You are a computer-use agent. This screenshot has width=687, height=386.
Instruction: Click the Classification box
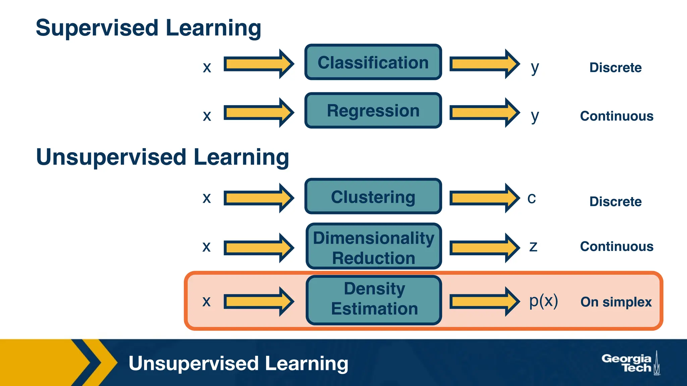(373, 62)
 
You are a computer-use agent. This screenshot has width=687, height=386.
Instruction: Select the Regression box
(373, 111)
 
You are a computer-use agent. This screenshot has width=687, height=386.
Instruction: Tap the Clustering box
(373, 196)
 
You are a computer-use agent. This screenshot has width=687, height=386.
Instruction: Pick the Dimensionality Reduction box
(374, 247)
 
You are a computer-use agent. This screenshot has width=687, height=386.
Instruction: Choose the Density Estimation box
(374, 300)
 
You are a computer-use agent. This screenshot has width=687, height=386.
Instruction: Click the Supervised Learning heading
(148, 28)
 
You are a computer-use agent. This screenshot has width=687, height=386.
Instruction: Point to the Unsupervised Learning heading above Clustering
(162, 157)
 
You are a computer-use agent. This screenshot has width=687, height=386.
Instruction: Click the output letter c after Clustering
(532, 198)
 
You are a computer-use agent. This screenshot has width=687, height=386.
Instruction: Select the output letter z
(533, 247)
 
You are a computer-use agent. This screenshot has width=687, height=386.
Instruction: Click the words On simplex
(616, 302)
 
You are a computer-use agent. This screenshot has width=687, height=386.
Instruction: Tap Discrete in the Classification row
(616, 67)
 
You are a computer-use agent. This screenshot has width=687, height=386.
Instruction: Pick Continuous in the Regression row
(617, 116)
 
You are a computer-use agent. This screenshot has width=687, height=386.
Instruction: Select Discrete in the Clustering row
(616, 201)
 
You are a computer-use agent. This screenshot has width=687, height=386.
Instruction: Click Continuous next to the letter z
(617, 246)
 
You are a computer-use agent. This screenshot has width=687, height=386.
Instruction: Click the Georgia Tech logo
(630, 364)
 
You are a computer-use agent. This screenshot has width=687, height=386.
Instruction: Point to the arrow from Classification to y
(484, 64)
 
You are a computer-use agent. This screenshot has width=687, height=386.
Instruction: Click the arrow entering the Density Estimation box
(258, 302)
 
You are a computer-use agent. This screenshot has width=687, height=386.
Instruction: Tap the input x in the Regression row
(207, 116)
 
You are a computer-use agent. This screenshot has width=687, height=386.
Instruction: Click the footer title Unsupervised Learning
(238, 364)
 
